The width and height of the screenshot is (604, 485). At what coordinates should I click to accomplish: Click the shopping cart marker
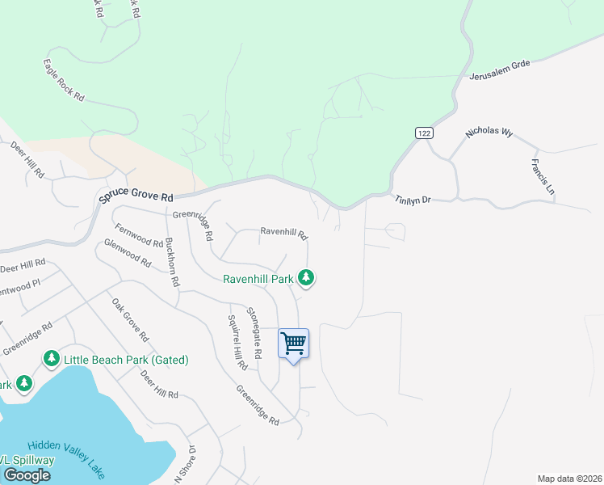tap(293, 344)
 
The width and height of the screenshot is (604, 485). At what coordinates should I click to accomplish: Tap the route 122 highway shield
tap(424, 132)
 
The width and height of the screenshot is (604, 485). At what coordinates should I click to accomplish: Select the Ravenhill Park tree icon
tap(305, 278)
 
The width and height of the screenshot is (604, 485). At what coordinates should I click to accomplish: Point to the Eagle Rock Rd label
tap(64, 79)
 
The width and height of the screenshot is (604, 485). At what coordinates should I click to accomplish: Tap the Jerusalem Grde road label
tap(499, 72)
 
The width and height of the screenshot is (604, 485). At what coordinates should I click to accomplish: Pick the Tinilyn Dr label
tap(414, 198)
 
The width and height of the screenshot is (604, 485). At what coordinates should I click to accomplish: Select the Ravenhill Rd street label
tap(283, 233)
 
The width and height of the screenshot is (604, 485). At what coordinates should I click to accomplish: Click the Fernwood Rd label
tap(139, 235)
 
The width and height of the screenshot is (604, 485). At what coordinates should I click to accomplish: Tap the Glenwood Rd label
tap(128, 253)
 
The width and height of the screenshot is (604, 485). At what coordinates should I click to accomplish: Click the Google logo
tap(27, 475)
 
